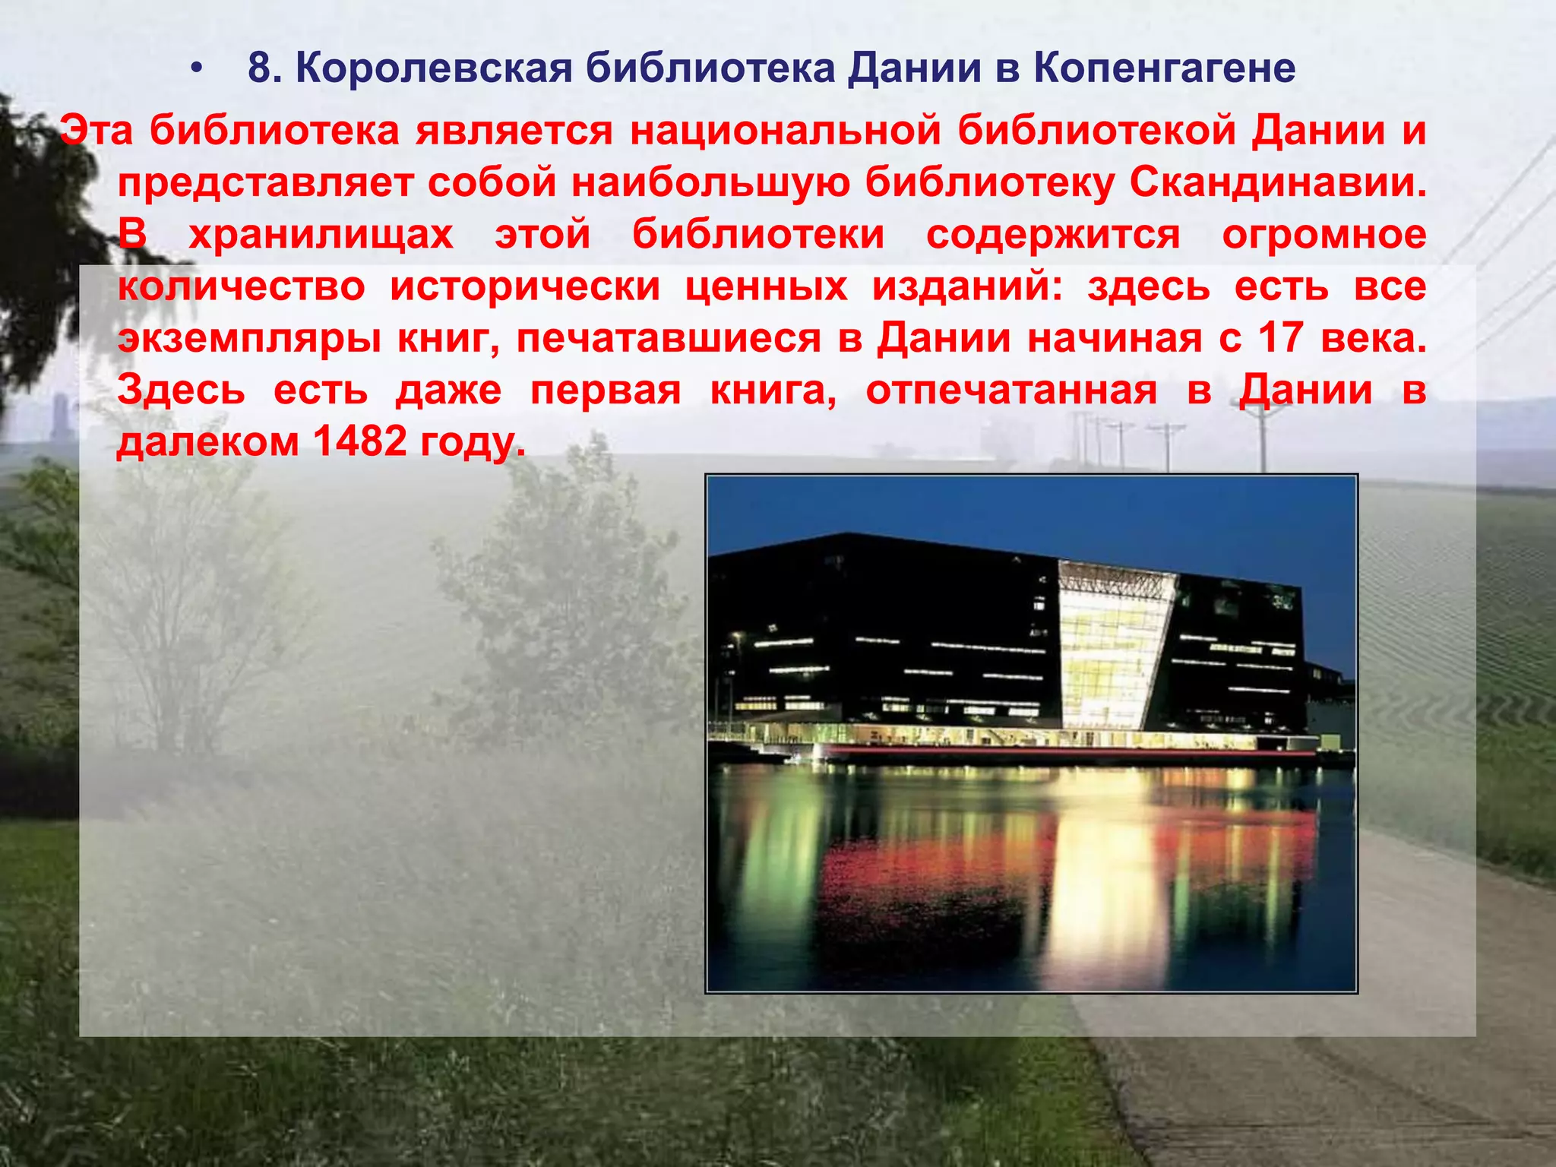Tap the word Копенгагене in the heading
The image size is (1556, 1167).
[x=1163, y=69]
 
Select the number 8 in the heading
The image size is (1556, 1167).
[x=260, y=69]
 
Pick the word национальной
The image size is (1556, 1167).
[x=786, y=131]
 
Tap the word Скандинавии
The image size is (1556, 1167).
[x=1277, y=183]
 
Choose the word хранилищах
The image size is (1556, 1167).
[x=321, y=235]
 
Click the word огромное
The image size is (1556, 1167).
[x=1324, y=235]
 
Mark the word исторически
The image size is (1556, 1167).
[x=525, y=287]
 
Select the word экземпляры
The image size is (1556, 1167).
[x=249, y=339]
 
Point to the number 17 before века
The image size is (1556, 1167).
[x=1282, y=339]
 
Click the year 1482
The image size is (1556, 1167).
[x=360, y=442]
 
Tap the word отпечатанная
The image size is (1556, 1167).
[x=1011, y=391]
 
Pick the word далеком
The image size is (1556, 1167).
[x=208, y=442]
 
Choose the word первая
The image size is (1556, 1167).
[x=606, y=391]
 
